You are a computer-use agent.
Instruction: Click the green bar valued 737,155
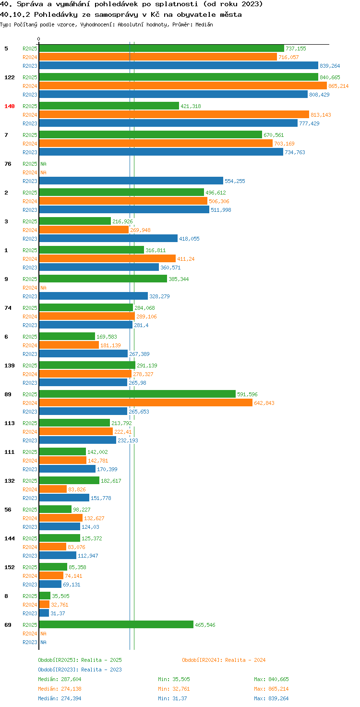coord(162,49)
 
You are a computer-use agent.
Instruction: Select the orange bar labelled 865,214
coord(183,86)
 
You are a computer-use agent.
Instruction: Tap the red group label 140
coord(10,106)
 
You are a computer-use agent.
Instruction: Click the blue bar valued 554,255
coord(131,181)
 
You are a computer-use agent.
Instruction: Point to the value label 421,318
coord(191,106)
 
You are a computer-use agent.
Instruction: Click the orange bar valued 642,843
coord(146,403)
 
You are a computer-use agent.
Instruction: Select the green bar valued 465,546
coord(116,624)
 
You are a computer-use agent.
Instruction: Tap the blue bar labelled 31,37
coord(44,613)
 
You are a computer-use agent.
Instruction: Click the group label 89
coord(8,394)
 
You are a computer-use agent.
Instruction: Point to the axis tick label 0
coord(38,39)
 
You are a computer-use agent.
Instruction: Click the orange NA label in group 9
coord(43,288)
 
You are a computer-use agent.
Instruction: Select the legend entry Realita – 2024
coord(224,660)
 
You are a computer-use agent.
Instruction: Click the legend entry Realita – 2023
coord(80,670)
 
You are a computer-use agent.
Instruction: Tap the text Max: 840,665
coord(271,679)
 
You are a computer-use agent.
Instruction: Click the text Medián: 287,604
coord(60,679)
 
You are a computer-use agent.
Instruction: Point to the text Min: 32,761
coord(174,689)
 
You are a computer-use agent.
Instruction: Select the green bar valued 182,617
coord(69,480)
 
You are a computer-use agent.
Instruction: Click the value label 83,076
coord(76,547)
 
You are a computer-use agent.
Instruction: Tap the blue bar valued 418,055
coord(108,238)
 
